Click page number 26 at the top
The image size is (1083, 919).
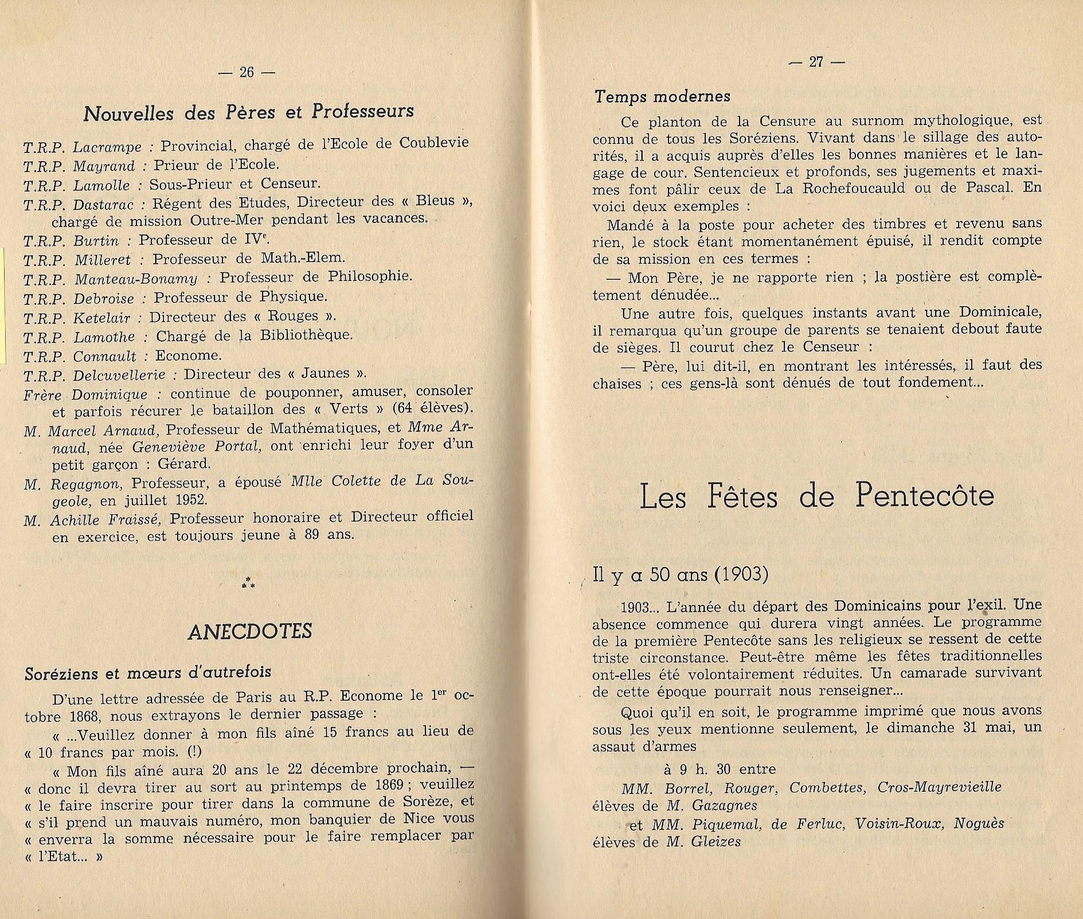click(x=247, y=72)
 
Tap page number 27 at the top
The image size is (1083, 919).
click(x=816, y=62)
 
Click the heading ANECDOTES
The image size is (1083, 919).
click(x=249, y=631)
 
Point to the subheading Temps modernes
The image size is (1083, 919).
click(x=662, y=96)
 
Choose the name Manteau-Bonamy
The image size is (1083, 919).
click(x=136, y=279)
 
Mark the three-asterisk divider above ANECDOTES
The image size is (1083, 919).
click(x=248, y=584)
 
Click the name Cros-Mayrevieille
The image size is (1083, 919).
click(x=939, y=787)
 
